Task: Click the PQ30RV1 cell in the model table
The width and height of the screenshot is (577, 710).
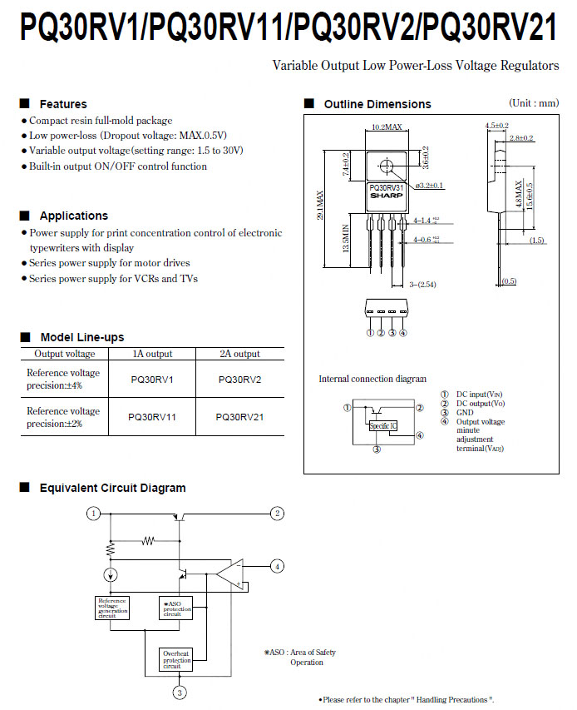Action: point(152,380)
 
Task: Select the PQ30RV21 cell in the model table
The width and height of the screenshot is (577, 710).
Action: point(239,417)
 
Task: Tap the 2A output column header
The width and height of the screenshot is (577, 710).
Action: point(239,354)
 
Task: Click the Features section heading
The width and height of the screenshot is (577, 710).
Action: point(63,104)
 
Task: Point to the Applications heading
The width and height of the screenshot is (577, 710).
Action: point(73,216)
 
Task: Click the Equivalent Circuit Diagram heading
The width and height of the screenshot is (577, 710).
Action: point(112,488)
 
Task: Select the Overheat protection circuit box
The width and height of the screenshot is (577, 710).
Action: point(176,659)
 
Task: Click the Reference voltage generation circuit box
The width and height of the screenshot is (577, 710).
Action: point(112,608)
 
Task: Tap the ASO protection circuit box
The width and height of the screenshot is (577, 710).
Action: point(176,608)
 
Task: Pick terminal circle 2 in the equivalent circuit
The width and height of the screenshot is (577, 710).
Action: point(278,514)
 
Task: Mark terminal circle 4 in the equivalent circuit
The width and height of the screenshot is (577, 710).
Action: point(278,567)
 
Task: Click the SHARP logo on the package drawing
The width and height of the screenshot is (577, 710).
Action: point(386,194)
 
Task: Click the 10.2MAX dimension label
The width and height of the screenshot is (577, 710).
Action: point(387,127)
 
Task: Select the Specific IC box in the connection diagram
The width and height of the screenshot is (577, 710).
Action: point(382,425)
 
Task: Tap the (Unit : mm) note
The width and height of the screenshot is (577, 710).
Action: point(534,103)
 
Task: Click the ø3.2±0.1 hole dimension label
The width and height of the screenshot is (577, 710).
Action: point(429,185)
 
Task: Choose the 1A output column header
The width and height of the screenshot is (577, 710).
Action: point(152,354)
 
